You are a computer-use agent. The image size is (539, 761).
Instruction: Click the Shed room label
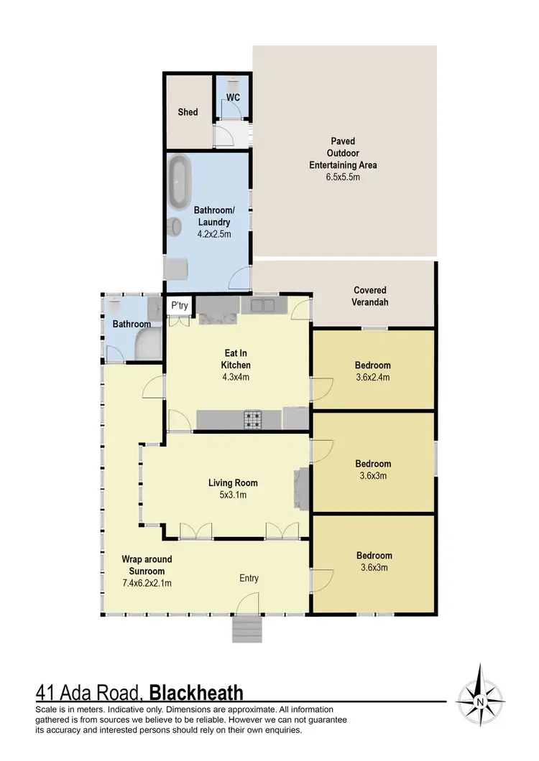point(188,112)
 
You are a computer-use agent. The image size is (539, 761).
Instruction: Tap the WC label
point(233,96)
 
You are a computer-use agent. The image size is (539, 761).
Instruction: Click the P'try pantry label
point(178,307)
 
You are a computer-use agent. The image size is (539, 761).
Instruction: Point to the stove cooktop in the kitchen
point(253,419)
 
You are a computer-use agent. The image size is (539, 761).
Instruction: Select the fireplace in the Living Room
point(302,489)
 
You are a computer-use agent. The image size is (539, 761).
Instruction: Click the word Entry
point(249,578)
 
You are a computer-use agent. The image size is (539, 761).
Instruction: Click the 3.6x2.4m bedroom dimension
point(374,376)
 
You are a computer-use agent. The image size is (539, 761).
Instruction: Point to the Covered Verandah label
point(371,297)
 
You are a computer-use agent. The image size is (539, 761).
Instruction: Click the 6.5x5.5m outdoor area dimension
point(343,176)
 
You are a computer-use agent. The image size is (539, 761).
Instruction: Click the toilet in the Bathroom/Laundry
point(173,228)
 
